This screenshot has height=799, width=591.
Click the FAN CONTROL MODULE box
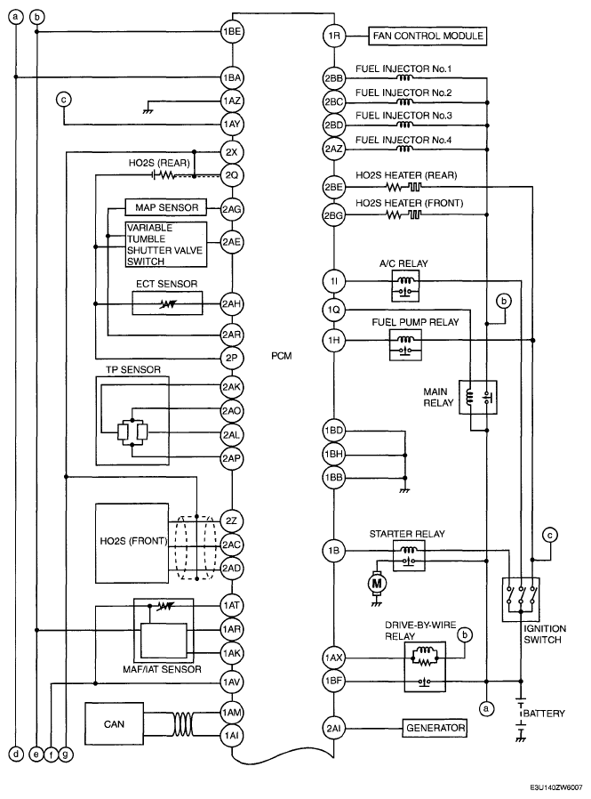coord(427,36)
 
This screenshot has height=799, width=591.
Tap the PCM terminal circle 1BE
coord(232,32)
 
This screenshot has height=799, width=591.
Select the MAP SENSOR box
coord(166,207)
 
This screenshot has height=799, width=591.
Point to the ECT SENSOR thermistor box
coord(167,303)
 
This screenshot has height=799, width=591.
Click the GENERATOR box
coord(435,728)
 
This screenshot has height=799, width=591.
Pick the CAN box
coord(114,724)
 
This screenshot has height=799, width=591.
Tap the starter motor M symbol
coord(377,583)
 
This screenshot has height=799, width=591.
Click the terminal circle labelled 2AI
coord(334,729)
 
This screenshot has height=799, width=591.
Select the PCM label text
coord(282,356)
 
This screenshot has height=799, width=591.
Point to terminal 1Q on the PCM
coord(334,310)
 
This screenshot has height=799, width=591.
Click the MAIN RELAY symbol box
coord(478,397)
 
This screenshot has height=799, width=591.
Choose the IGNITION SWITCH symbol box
coord(521,600)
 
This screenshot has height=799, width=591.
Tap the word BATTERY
coord(544,714)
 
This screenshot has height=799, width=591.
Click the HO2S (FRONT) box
coord(132,544)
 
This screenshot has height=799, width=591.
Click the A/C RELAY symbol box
coord(405,286)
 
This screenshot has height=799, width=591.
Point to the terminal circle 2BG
coord(334,215)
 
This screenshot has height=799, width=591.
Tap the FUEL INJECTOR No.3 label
coord(403,116)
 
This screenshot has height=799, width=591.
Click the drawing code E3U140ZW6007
coord(555,787)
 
